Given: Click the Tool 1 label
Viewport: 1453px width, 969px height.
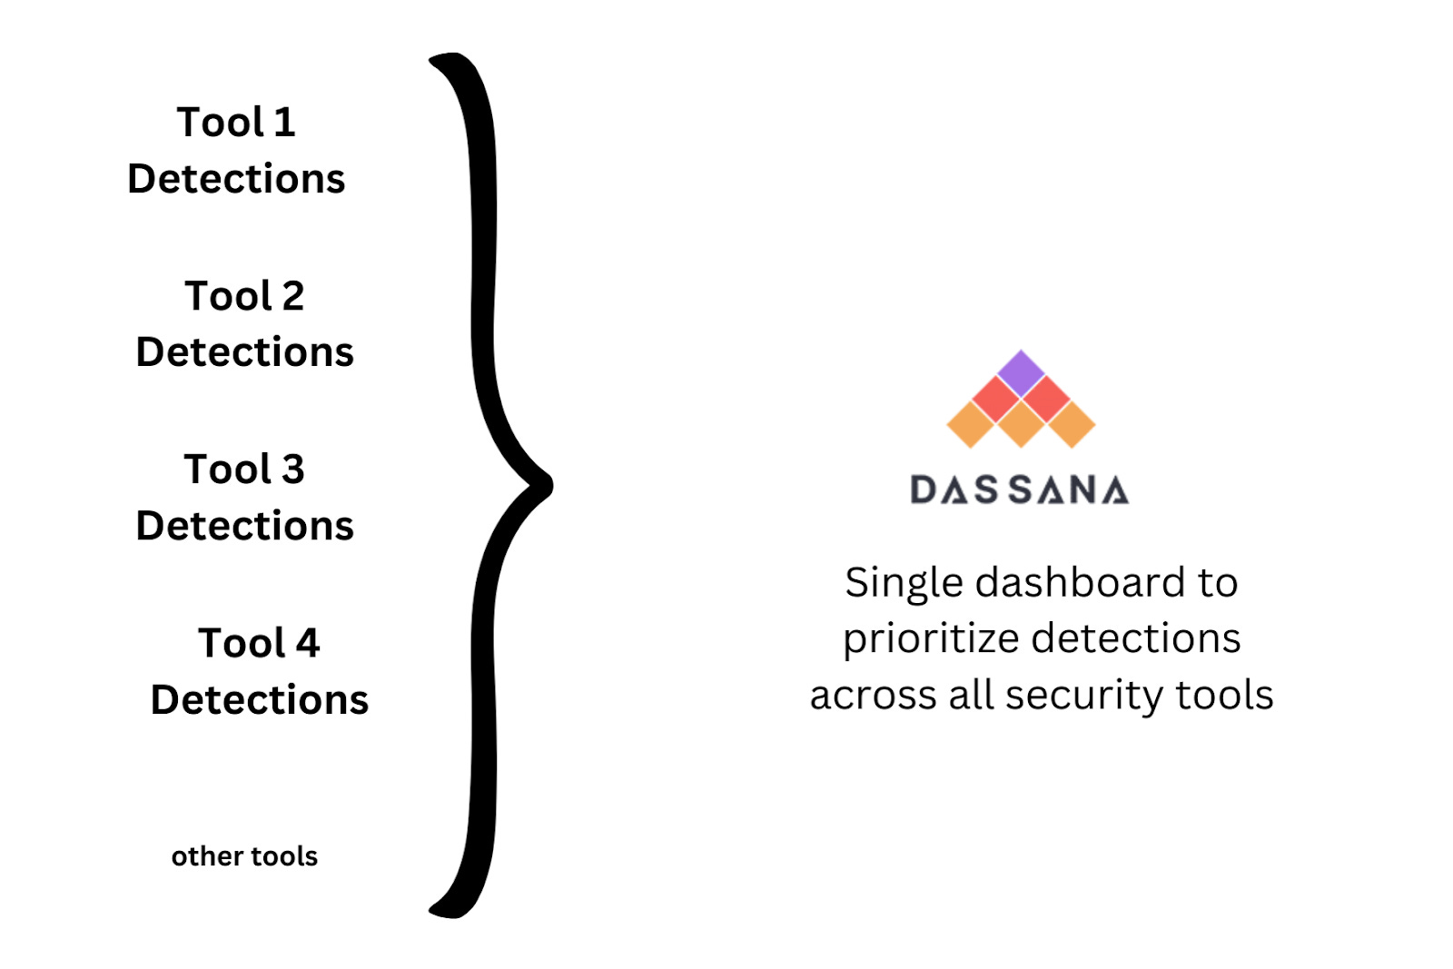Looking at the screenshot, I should tap(236, 123).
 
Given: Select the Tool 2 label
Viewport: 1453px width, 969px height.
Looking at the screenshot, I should tap(244, 296).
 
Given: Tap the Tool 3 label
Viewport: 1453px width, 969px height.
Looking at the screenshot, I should tap(244, 470).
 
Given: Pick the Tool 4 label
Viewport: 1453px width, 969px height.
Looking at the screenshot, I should tap(259, 643).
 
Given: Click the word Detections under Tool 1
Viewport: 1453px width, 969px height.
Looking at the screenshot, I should tap(236, 179).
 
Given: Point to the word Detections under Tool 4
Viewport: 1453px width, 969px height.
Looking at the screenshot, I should tap(260, 700).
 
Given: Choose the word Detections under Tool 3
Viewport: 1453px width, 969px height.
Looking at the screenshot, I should tap(244, 526).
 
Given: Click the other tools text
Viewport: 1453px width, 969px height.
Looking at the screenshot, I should tap(244, 856).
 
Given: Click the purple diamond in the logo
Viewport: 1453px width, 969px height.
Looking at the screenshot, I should tap(1021, 372).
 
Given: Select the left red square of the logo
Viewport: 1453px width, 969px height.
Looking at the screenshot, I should tap(996, 399).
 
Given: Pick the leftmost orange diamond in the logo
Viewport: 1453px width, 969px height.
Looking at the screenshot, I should tap(971, 424).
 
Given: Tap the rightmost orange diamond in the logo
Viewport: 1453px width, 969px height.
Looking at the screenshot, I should tap(1072, 424).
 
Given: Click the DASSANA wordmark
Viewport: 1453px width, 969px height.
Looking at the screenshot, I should tap(1020, 489).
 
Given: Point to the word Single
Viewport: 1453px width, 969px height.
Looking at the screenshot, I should tap(903, 584).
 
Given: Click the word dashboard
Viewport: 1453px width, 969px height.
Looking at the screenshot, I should tap(1080, 582).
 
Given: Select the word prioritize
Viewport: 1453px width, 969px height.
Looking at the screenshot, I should tap(927, 639).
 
